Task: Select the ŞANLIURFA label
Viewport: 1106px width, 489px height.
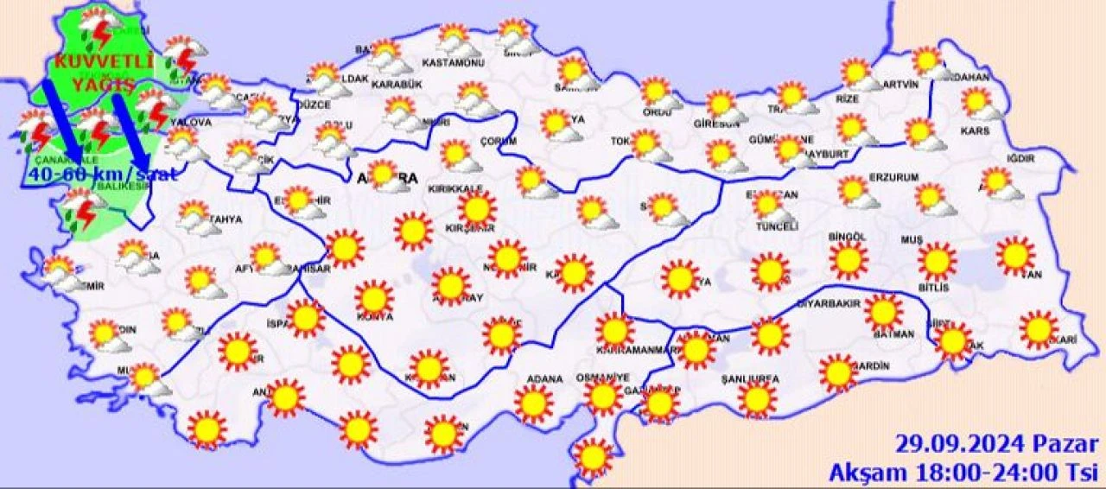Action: [x=750, y=378]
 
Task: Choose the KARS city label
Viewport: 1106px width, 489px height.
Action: [x=974, y=132]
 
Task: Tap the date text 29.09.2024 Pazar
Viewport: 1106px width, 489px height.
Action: [x=995, y=446]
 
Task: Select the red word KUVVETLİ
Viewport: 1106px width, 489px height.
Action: [x=104, y=62]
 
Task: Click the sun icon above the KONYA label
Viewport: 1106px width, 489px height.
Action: [x=374, y=298]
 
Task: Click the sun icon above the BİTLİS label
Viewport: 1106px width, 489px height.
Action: [x=937, y=262]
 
